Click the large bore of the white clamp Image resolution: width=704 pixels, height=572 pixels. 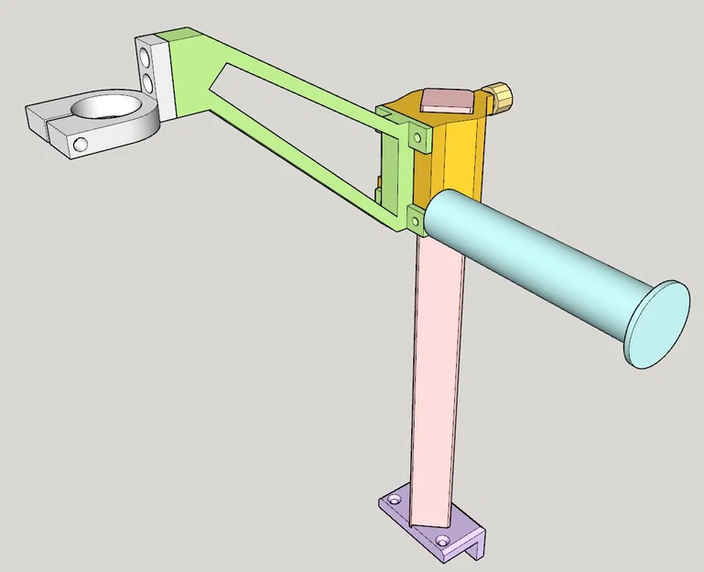click(x=108, y=107)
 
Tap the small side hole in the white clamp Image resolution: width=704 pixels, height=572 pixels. click(x=81, y=145)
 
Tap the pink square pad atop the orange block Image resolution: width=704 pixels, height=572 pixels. click(x=446, y=99)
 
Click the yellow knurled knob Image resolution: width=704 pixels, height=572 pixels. click(x=499, y=94)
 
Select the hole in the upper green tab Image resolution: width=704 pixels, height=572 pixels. click(x=418, y=139)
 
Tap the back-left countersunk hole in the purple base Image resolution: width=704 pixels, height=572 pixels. click(x=395, y=501)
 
